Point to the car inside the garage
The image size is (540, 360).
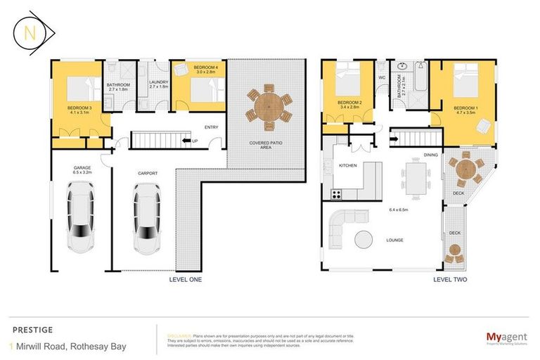pyautogui.click(x=82, y=216)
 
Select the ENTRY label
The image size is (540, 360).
pyautogui.click(x=211, y=127)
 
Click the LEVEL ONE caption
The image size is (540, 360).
pyautogui.click(x=186, y=279)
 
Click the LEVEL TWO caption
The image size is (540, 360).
pyautogui.click(x=451, y=279)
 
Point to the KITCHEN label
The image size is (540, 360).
pyautogui.click(x=348, y=165)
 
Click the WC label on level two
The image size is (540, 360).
pyautogui.click(x=382, y=77)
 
